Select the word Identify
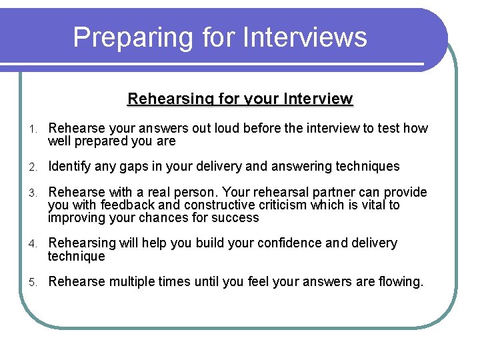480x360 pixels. click(x=71, y=166)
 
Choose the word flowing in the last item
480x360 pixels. click(x=399, y=281)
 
